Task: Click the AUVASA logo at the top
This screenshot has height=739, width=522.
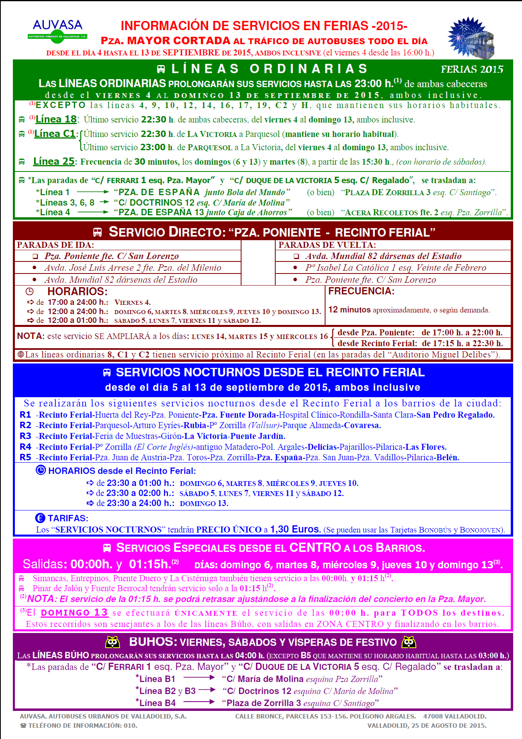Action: click(x=57, y=29)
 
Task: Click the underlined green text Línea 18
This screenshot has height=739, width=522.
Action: click(x=56, y=119)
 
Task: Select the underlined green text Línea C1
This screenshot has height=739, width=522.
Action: click(x=55, y=134)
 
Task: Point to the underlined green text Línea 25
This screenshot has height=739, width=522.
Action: click(x=54, y=161)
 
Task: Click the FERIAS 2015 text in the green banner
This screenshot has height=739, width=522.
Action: click(x=472, y=69)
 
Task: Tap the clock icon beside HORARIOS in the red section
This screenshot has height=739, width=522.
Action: click(x=30, y=292)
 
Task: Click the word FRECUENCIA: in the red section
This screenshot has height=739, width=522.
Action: click(x=361, y=291)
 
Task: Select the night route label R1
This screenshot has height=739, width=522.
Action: click(x=25, y=415)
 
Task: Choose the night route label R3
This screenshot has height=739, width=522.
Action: click(x=25, y=436)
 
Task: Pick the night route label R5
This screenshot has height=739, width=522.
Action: click(x=25, y=457)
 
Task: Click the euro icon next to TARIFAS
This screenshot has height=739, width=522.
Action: click(x=40, y=518)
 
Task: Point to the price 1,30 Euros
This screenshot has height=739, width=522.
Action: click(x=295, y=529)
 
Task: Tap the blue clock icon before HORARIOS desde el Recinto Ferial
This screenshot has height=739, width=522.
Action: click(x=41, y=470)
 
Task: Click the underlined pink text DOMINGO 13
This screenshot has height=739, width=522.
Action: click(x=74, y=613)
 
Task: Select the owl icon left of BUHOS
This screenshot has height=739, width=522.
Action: click(x=113, y=642)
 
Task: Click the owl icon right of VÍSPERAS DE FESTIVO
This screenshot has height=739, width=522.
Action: click(x=409, y=642)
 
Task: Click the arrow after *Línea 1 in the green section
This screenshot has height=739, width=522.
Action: click(x=93, y=192)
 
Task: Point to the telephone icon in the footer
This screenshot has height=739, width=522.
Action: click(x=23, y=726)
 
